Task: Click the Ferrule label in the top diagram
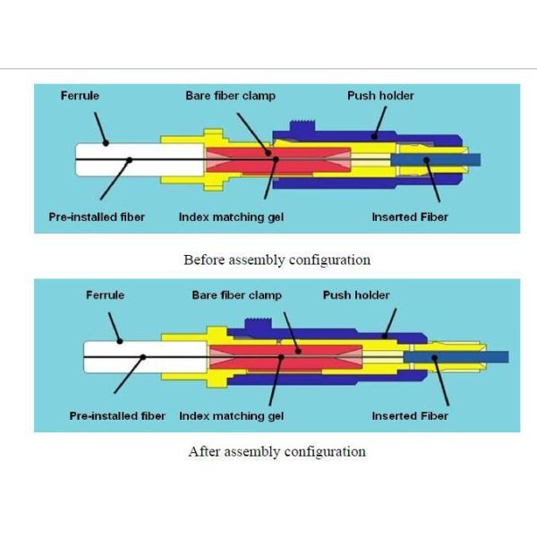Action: (80, 96)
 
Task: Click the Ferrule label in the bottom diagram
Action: (105, 294)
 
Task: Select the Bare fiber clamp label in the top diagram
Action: (231, 96)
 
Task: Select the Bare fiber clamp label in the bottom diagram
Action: (237, 294)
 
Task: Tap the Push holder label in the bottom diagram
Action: (356, 294)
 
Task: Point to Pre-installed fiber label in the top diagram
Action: (97, 217)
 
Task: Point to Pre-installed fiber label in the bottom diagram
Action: (117, 416)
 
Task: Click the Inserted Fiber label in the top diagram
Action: (410, 217)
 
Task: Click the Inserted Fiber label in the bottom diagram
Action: (410, 416)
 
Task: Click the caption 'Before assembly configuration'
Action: (277, 260)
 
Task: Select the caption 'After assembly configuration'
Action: (277, 452)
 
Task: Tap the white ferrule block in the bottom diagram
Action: (121, 356)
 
